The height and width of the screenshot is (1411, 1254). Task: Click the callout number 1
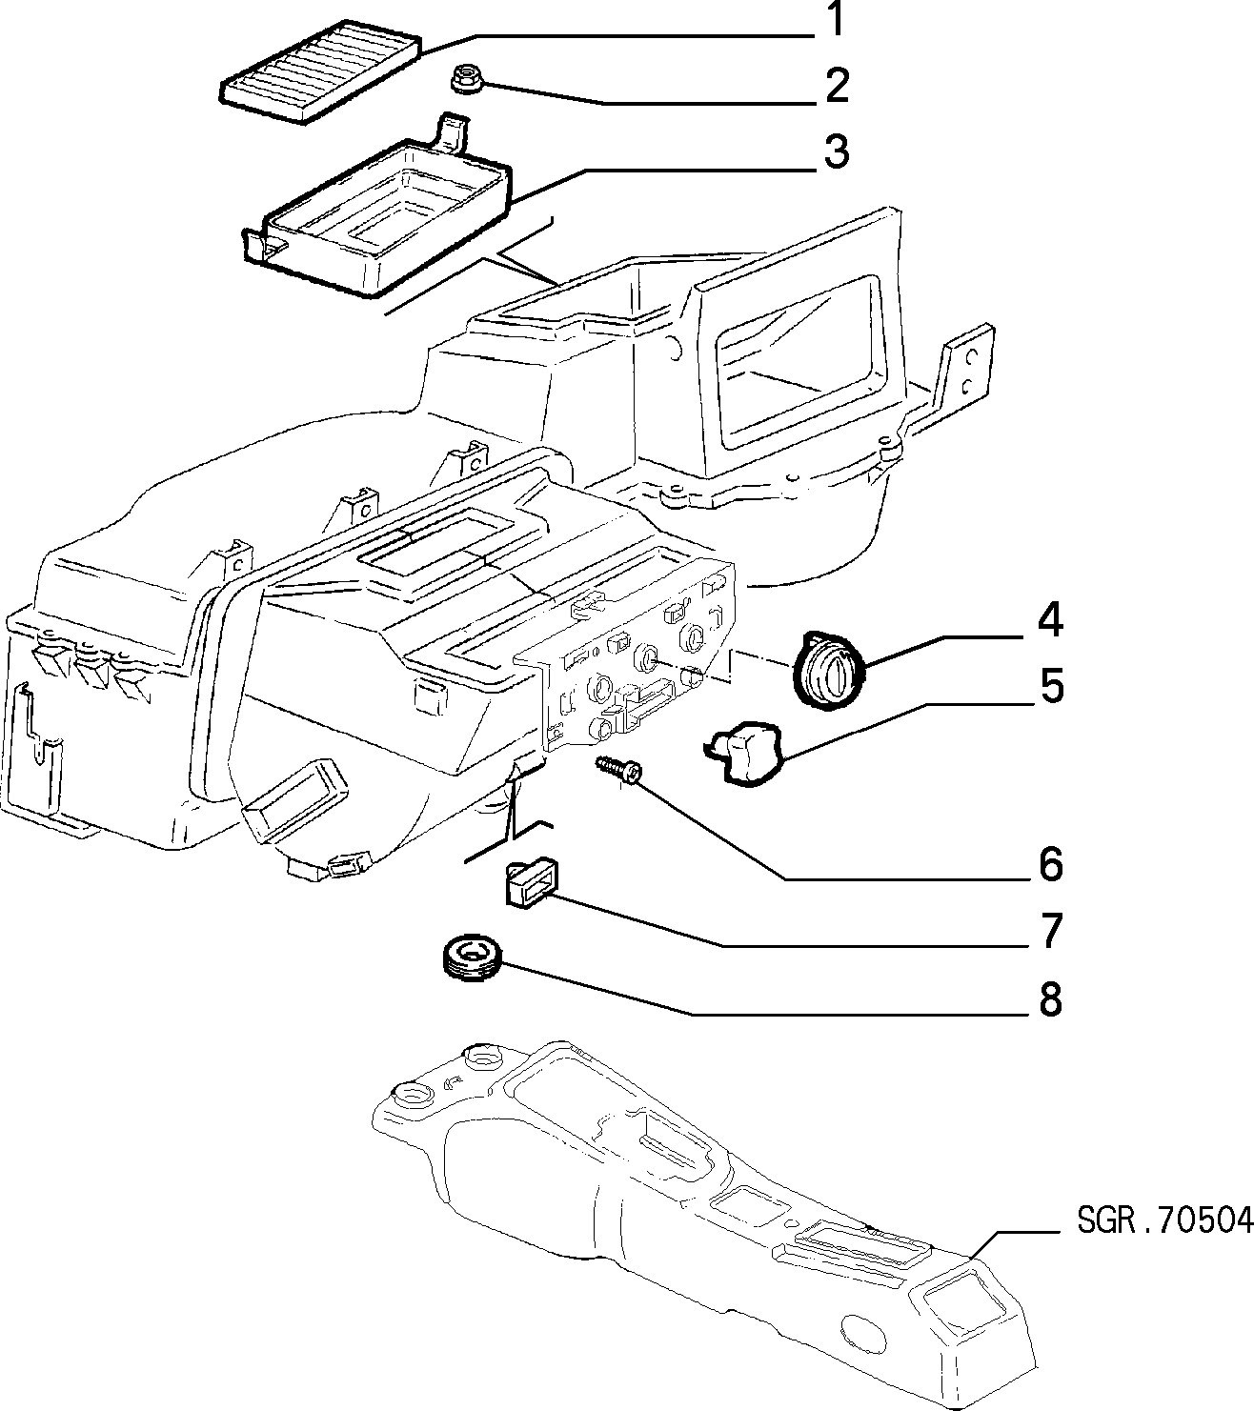coord(837,19)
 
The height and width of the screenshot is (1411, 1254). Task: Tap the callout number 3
coord(837,153)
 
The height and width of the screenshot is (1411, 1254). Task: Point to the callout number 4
coord(1050,620)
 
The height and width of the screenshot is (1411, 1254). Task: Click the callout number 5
coord(1051,685)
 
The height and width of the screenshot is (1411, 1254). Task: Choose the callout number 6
coord(1051,864)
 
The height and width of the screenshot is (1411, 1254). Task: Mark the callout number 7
coord(1051,931)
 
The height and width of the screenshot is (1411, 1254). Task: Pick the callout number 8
coord(1051,999)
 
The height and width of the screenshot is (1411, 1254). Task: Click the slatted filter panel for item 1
coord(321,71)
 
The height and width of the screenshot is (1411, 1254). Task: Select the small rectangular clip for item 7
coord(527,883)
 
